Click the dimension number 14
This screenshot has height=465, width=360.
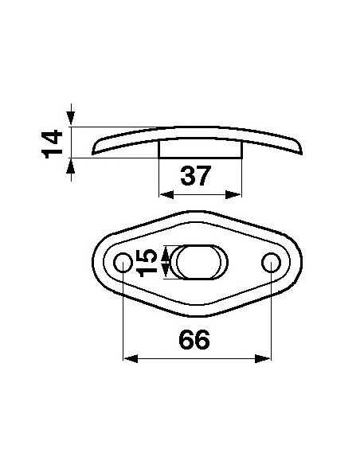[x=53, y=143]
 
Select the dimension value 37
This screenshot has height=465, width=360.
[x=195, y=175]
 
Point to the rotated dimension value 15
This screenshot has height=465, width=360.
[x=147, y=261]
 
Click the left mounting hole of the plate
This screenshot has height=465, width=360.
[x=123, y=262]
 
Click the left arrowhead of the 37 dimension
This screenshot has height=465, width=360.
[x=165, y=194]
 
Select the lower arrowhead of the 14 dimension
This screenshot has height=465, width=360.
[x=72, y=164]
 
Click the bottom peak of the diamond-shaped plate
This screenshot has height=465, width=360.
[x=196, y=312]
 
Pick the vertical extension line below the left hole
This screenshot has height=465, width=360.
[x=123, y=318]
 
